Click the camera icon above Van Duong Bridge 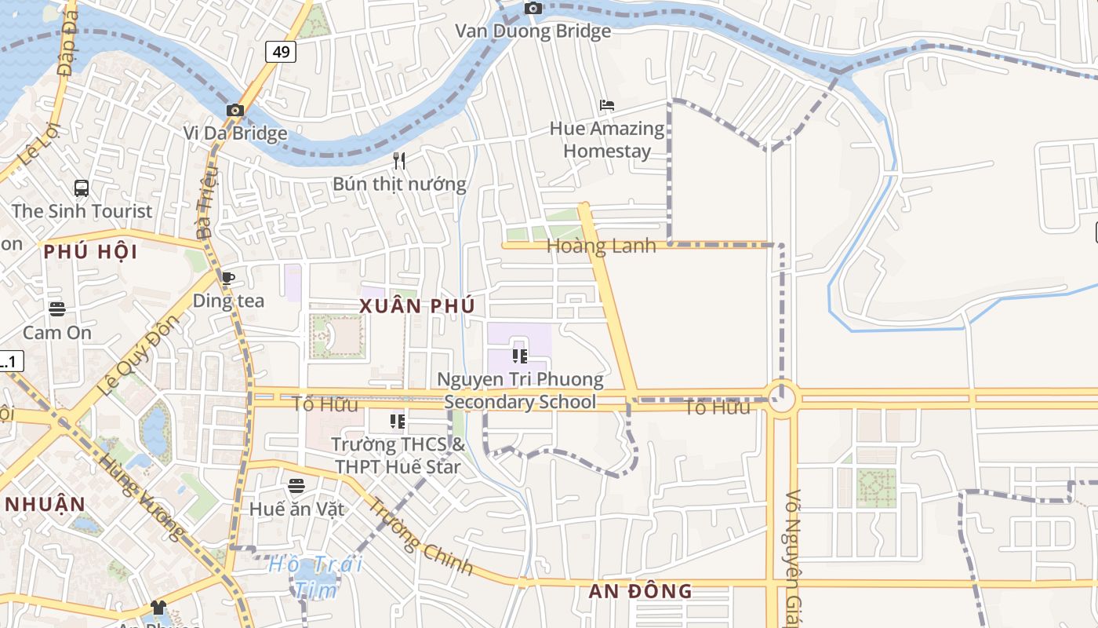point(533,9)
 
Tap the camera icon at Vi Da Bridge point(235,111)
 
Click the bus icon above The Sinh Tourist point(82,188)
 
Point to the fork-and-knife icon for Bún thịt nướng point(399,161)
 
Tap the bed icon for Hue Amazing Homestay point(606,105)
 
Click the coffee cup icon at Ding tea point(227,278)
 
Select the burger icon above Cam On point(56,309)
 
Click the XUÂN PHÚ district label point(417,306)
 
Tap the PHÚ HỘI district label point(90,252)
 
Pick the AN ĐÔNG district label point(641,591)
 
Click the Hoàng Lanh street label point(601,246)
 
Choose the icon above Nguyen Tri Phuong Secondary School point(519,356)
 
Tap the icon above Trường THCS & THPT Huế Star point(398,422)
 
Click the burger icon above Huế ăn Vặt point(296,486)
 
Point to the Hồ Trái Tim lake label point(315,576)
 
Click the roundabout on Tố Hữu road point(781,399)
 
